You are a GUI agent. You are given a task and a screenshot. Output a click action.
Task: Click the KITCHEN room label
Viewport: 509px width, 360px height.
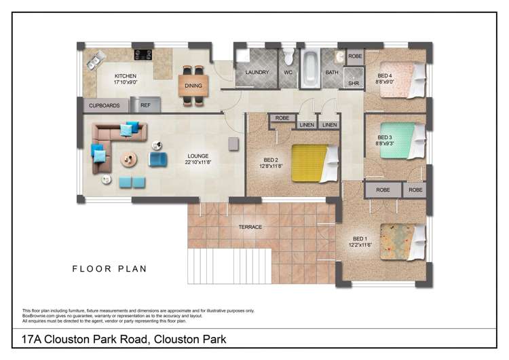click(x=126, y=76)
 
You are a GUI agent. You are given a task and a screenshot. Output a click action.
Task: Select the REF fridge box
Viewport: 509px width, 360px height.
click(x=145, y=105)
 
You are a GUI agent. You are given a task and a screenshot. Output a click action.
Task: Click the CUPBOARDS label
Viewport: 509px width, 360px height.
click(x=105, y=105)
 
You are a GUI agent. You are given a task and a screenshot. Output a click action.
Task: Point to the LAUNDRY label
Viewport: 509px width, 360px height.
click(x=257, y=72)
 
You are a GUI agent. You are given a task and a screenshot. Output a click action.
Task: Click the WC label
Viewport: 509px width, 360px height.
click(x=288, y=72)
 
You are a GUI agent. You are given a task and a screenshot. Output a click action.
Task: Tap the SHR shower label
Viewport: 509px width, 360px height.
click(x=353, y=84)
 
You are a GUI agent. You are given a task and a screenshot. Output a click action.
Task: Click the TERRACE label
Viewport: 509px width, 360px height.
click(x=250, y=227)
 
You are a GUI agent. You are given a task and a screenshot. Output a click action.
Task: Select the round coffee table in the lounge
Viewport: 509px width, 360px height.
click(x=128, y=158)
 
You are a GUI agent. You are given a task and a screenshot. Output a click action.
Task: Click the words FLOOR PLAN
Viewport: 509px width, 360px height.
click(x=109, y=269)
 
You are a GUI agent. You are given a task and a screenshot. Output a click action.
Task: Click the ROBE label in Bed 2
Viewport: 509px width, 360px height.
click(x=282, y=118)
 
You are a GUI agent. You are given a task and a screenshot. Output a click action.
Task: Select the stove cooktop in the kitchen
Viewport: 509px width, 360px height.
click(x=143, y=54)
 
